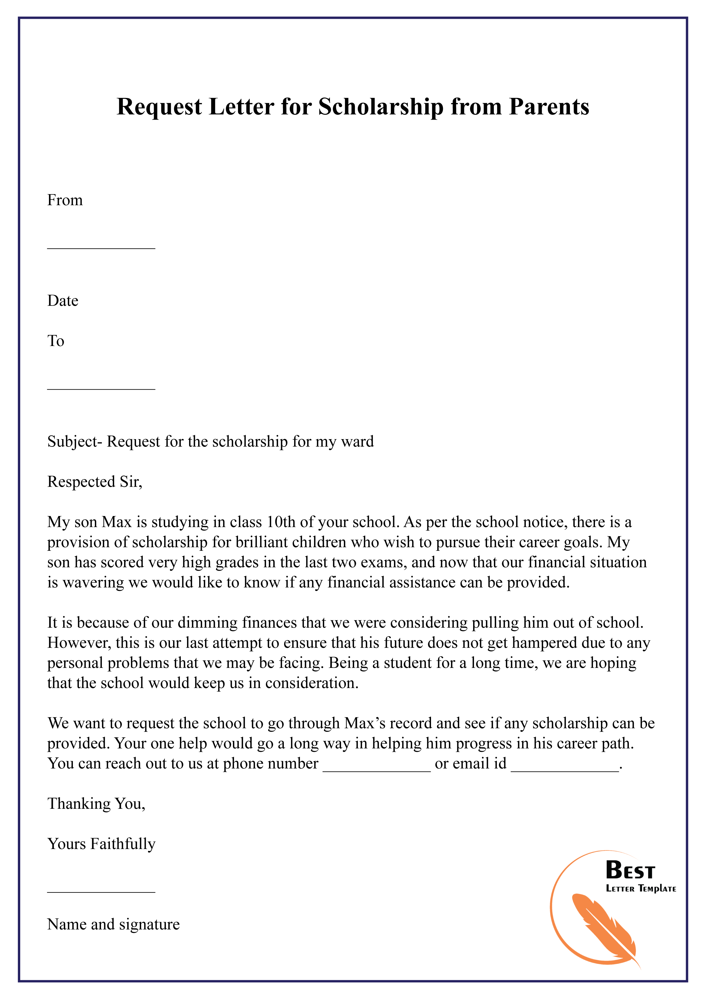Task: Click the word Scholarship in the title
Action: [x=381, y=107]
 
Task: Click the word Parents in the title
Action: [x=549, y=107]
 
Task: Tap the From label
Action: [x=65, y=200]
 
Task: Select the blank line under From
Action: [x=101, y=248]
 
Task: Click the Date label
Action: [x=63, y=301]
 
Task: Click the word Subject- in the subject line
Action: [x=75, y=442]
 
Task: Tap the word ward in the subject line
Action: [x=358, y=442]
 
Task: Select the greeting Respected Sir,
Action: [x=95, y=482]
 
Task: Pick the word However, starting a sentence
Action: [x=79, y=643]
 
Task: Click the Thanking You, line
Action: [x=96, y=804]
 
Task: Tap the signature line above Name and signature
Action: [x=101, y=892]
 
